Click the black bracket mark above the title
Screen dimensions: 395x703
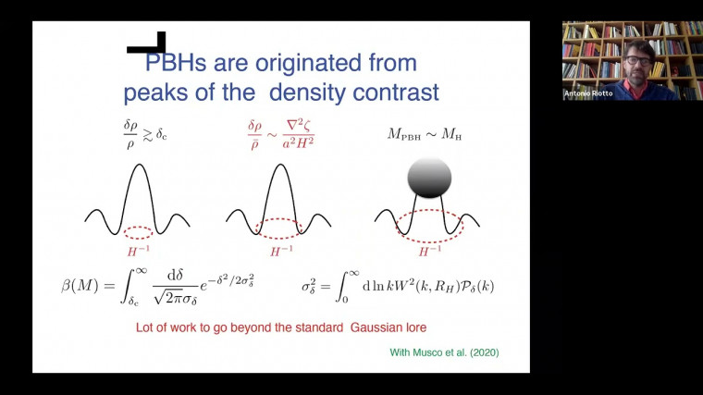pyautogui.click(x=147, y=44)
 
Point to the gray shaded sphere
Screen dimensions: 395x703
pyautogui.click(x=429, y=178)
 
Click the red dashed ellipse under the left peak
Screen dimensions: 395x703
pyautogui.click(x=138, y=232)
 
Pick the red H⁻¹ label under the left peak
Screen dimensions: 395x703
pyautogui.click(x=138, y=252)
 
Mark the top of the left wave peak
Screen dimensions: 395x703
pyautogui.click(x=138, y=166)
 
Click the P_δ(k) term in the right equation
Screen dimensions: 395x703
pyautogui.click(x=473, y=286)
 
